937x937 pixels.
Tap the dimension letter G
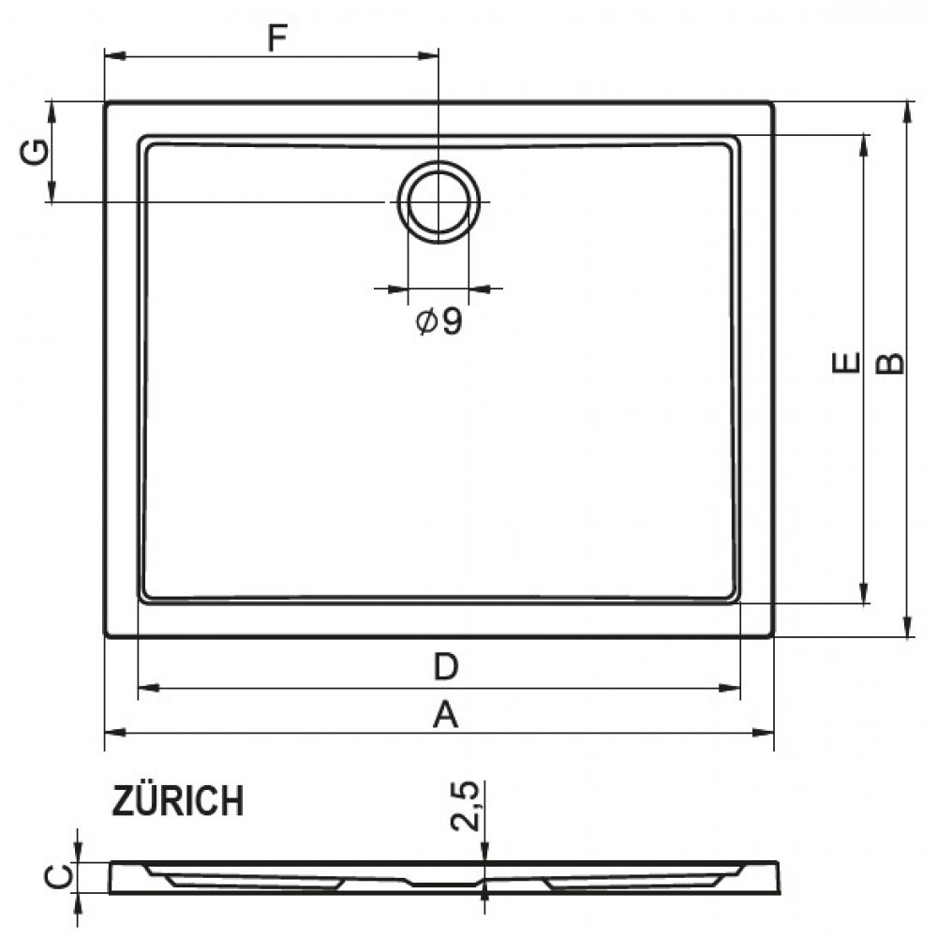[34, 152]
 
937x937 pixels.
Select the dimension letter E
[846, 363]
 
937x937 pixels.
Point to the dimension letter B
[890, 364]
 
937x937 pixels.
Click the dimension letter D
[446, 666]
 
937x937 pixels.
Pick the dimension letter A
[445, 714]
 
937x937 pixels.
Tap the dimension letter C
[58, 877]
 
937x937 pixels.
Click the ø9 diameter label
[439, 321]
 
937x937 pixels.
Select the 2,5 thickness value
[465, 806]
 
